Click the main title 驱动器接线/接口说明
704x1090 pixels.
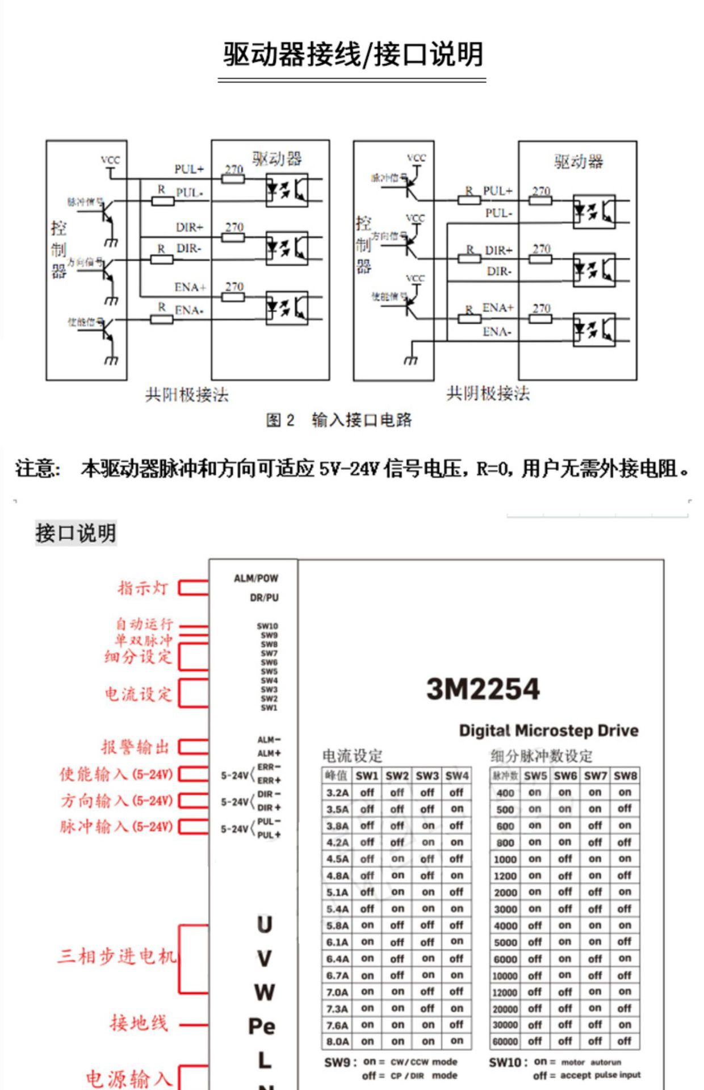(x=352, y=55)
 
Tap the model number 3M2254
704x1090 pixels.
(x=483, y=689)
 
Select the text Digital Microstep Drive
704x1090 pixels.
(x=548, y=731)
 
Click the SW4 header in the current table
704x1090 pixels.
(x=456, y=775)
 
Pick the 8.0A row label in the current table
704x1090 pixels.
(x=337, y=1042)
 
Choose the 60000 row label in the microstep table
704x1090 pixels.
(x=505, y=1042)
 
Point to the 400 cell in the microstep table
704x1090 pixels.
(x=505, y=793)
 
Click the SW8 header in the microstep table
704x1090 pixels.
(x=625, y=775)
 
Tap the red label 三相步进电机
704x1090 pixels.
(x=117, y=957)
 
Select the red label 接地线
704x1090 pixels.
(x=139, y=1023)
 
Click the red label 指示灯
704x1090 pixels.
(x=143, y=588)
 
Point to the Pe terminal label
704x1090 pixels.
(x=262, y=1026)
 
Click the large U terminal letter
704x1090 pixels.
(x=264, y=925)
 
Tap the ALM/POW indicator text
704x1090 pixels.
(x=256, y=578)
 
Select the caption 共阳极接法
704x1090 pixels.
(x=187, y=395)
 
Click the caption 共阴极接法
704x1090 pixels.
(x=488, y=393)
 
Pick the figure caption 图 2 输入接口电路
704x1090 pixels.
(x=339, y=420)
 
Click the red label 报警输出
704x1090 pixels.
(x=136, y=747)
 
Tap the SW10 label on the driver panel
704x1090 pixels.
(x=267, y=626)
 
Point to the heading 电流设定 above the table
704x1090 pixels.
(x=352, y=756)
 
